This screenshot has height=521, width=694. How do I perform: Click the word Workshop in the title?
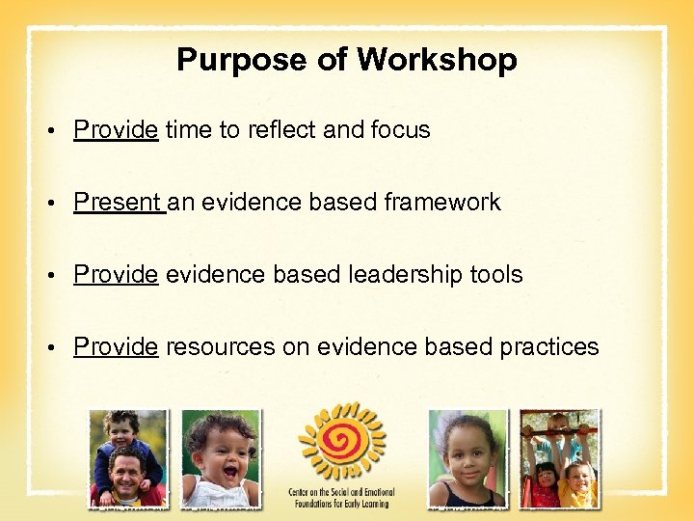(x=437, y=61)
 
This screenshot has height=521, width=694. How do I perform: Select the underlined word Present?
(x=118, y=203)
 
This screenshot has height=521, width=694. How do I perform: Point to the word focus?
(x=398, y=130)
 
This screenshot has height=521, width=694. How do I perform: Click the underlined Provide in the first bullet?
(x=116, y=130)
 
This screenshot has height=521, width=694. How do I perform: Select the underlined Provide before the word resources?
(x=116, y=347)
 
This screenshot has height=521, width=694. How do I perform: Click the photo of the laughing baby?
(x=221, y=458)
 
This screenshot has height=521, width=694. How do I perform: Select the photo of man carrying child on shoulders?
(x=127, y=458)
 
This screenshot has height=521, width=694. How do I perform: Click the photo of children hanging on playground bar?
(x=559, y=458)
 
